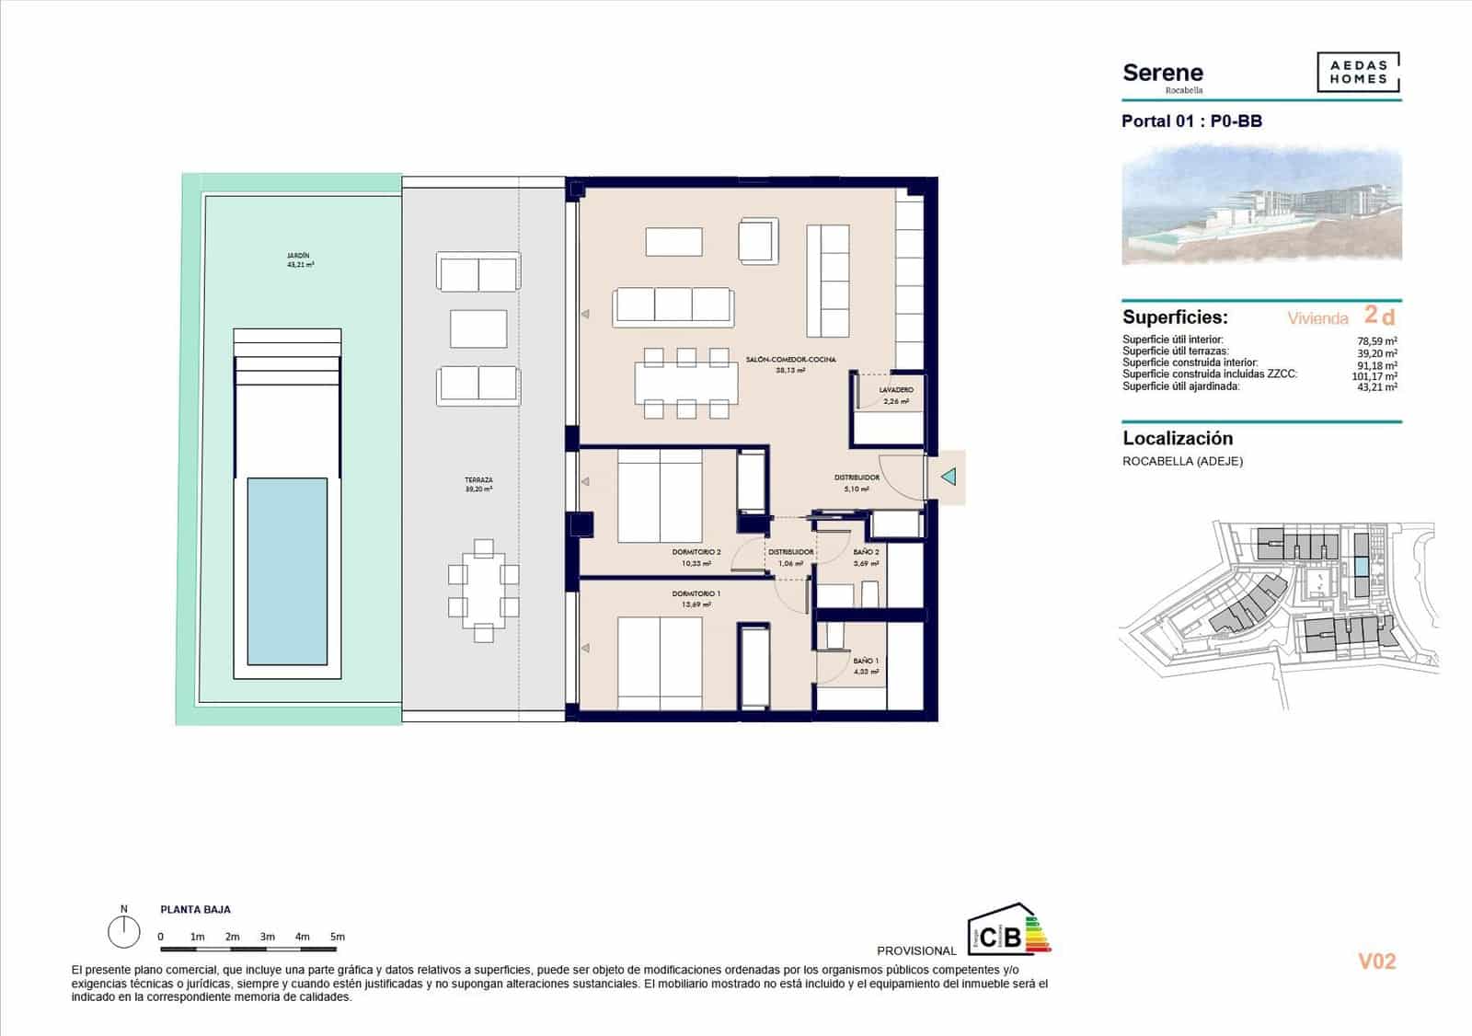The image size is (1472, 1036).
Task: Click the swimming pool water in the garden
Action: tap(287, 570)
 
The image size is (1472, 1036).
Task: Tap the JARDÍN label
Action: tap(298, 256)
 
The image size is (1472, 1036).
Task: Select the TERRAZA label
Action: tap(478, 480)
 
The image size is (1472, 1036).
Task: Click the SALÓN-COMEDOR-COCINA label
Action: tap(791, 360)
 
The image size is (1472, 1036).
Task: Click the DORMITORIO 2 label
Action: tap(696, 552)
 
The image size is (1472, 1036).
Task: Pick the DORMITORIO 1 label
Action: tap(696, 594)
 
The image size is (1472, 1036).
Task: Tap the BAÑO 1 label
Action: tap(866, 661)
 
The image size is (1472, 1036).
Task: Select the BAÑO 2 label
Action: tap(866, 552)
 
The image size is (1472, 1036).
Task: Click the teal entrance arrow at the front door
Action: tap(949, 477)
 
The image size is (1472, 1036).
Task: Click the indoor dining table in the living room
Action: tap(685, 384)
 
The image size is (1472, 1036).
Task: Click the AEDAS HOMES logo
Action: tap(1358, 73)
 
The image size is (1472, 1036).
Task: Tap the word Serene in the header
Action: tap(1163, 73)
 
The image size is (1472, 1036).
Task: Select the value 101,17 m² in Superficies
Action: tap(1374, 375)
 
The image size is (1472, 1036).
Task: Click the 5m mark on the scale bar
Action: tap(338, 937)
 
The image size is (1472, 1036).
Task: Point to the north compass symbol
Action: tap(123, 931)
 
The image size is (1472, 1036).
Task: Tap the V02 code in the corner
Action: tap(1377, 961)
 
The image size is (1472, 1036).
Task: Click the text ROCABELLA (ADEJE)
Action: tap(1182, 461)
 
